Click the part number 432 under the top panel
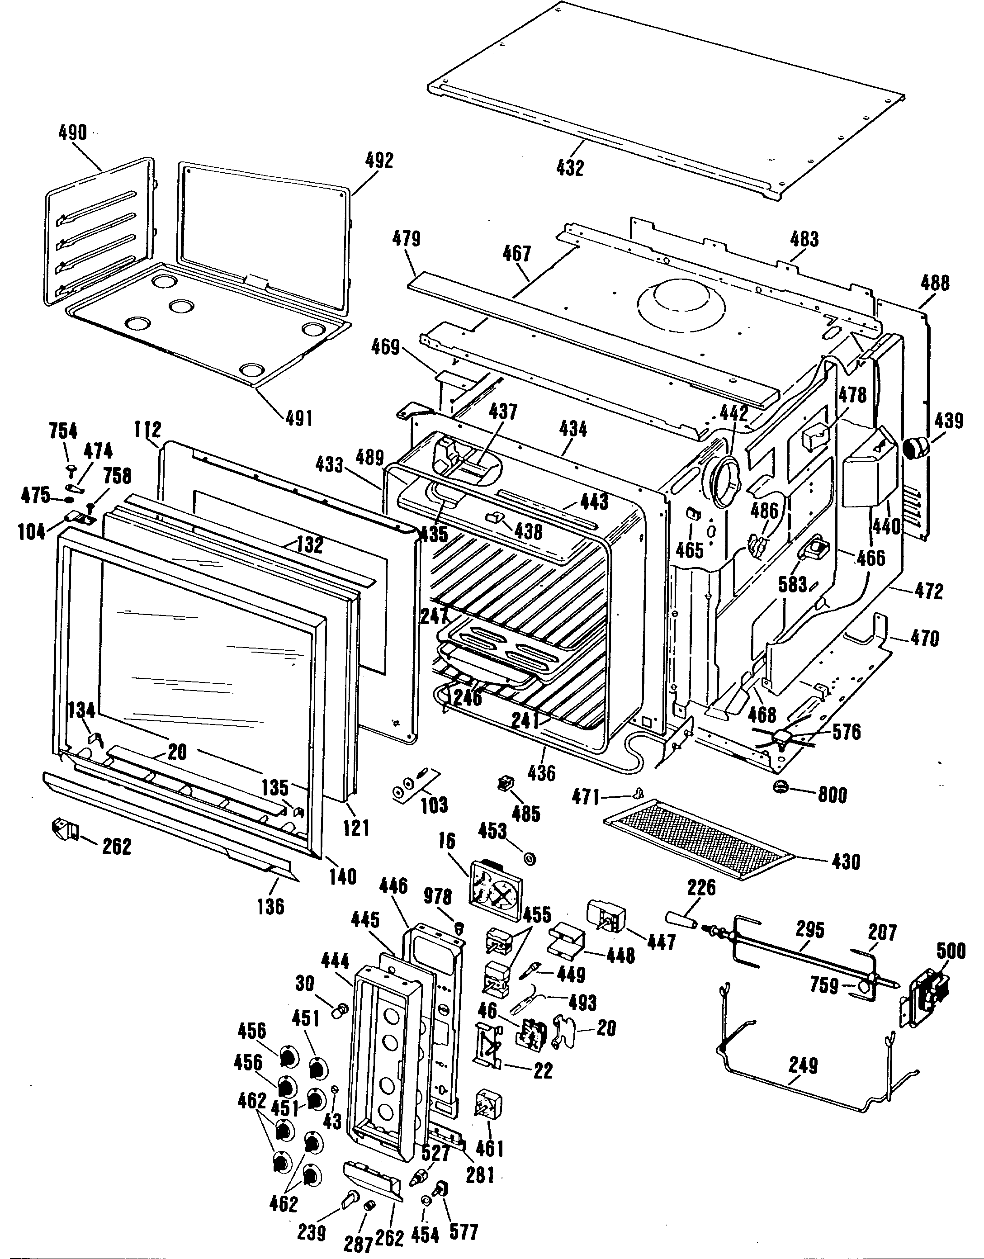pyautogui.click(x=570, y=168)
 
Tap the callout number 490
pyautogui.click(x=73, y=133)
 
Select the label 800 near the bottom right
pyautogui.click(x=833, y=795)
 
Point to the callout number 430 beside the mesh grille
pyautogui.click(x=846, y=862)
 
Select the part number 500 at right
pyautogui.click(x=951, y=951)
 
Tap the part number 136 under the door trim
pyautogui.click(x=271, y=906)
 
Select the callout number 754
pyautogui.click(x=63, y=431)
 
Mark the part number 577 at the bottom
pyautogui.click(x=464, y=1232)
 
